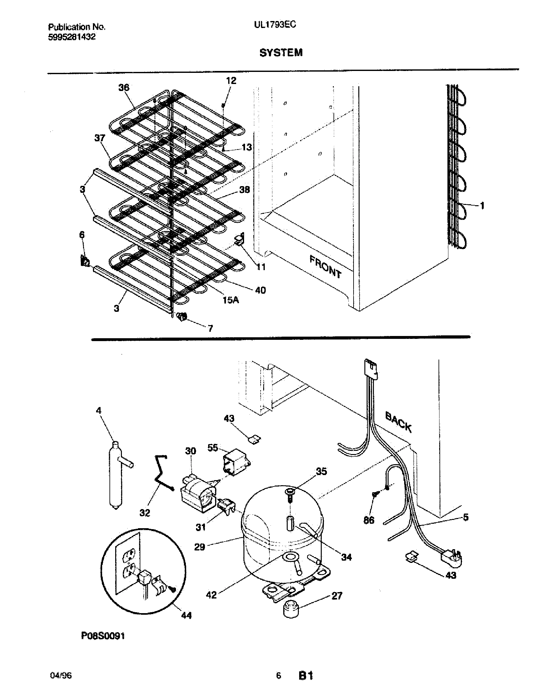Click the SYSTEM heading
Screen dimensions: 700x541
click(281, 52)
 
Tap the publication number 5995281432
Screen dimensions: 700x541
click(72, 37)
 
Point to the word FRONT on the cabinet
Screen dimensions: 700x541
click(325, 266)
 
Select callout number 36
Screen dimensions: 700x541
click(124, 87)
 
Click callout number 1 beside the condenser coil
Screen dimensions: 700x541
click(482, 206)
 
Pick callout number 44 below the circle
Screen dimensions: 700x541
click(186, 615)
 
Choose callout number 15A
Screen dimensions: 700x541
click(231, 300)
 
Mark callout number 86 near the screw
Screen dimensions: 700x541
click(369, 520)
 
